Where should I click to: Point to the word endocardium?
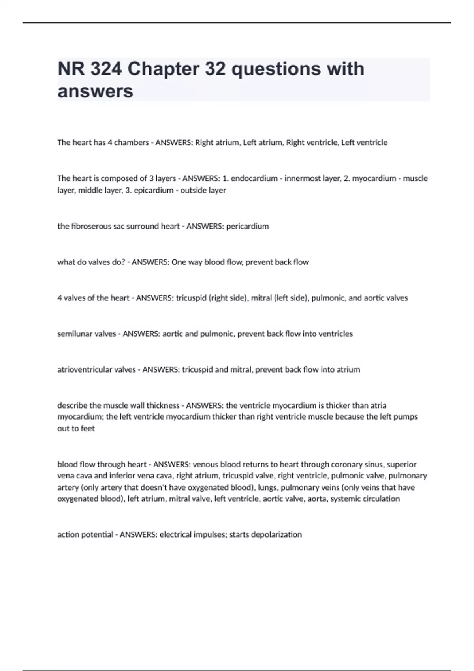click(254, 178)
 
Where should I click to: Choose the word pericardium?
click(248, 226)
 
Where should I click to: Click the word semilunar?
click(74, 334)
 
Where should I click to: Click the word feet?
click(88, 429)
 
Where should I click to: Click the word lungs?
click(267, 487)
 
